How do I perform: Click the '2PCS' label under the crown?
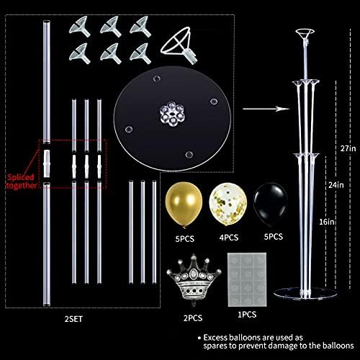click(x=192, y=315)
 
